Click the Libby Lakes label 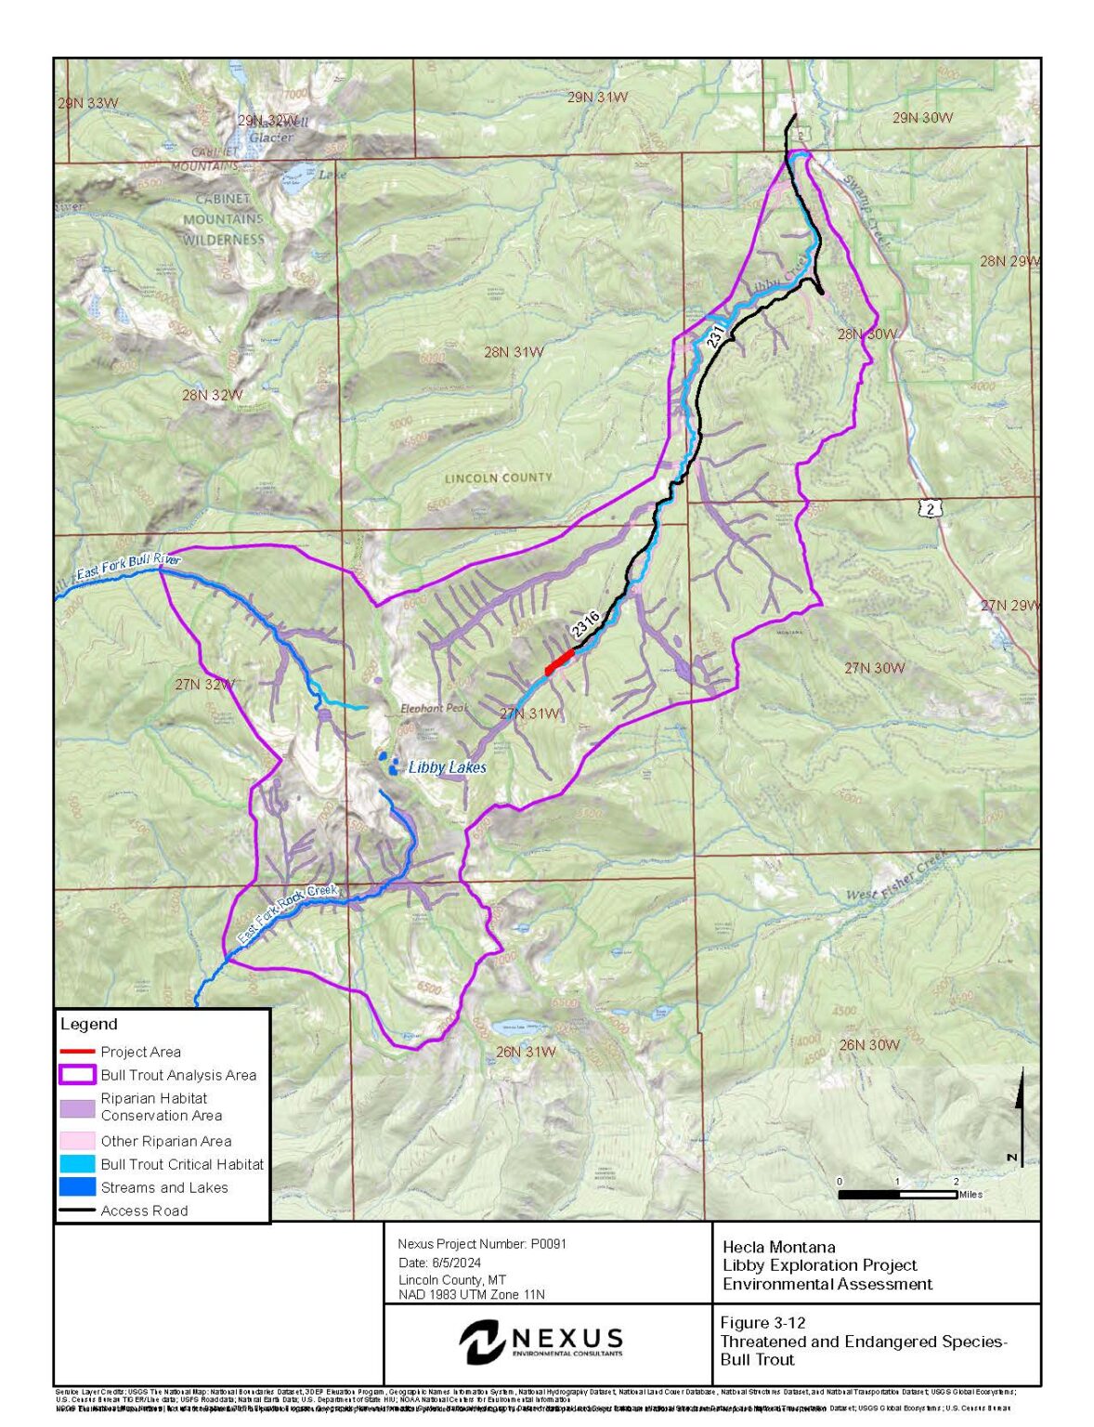(447, 767)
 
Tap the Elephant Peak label (434, 708)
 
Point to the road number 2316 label (585, 623)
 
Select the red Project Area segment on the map (558, 661)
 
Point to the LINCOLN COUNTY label (498, 478)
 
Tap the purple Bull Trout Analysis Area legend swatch (77, 1075)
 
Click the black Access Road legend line (77, 1211)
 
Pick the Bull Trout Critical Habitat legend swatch (77, 1164)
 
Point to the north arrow (1021, 1115)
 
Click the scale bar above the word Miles (898, 1194)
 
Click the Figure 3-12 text (762, 1323)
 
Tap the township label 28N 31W (514, 352)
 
